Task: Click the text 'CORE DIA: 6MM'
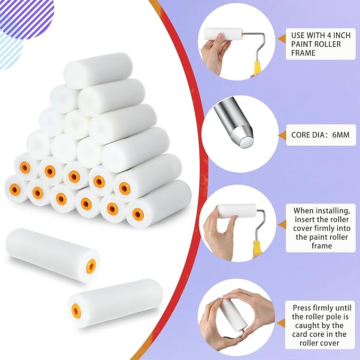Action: tap(320, 135)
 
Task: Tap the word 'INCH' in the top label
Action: tap(340, 36)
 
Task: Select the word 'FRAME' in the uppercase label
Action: tap(303, 53)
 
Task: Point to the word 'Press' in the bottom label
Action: tap(302, 308)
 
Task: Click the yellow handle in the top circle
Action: tap(257, 69)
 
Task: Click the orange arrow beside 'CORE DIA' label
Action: tap(282, 135)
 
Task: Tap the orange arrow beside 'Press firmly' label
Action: tap(281, 323)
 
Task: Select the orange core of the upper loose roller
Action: tap(91, 266)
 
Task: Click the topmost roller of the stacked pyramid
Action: tap(98, 71)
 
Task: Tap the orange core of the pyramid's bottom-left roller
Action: tap(15, 190)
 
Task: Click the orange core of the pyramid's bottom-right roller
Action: tap(138, 214)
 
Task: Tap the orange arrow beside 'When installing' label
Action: tap(282, 225)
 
